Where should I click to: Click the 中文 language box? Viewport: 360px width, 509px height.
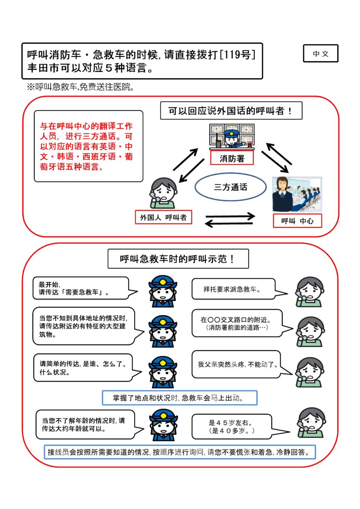click(321, 53)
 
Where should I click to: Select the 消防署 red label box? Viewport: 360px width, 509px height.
click(232, 158)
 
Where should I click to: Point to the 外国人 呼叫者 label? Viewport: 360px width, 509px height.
click(163, 217)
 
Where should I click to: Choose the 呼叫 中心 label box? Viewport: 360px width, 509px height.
click(297, 221)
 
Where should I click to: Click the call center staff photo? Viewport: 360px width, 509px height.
click(297, 194)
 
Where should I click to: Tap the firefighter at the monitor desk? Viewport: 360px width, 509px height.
click(232, 137)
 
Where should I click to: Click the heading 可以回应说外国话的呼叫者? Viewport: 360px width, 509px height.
click(231, 110)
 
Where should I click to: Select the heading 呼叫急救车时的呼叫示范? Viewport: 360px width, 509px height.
click(178, 259)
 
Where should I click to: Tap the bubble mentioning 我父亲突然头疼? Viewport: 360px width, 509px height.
click(238, 364)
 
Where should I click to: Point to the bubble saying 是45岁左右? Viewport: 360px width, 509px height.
click(233, 427)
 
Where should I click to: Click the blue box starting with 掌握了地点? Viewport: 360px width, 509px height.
click(180, 398)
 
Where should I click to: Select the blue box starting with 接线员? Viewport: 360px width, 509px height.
click(180, 452)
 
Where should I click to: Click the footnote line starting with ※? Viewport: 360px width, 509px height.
click(80, 87)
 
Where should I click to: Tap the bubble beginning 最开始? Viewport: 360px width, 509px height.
click(82, 288)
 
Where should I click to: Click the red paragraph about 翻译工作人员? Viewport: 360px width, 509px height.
click(86, 146)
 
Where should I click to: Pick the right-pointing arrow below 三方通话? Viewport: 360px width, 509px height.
click(230, 216)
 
